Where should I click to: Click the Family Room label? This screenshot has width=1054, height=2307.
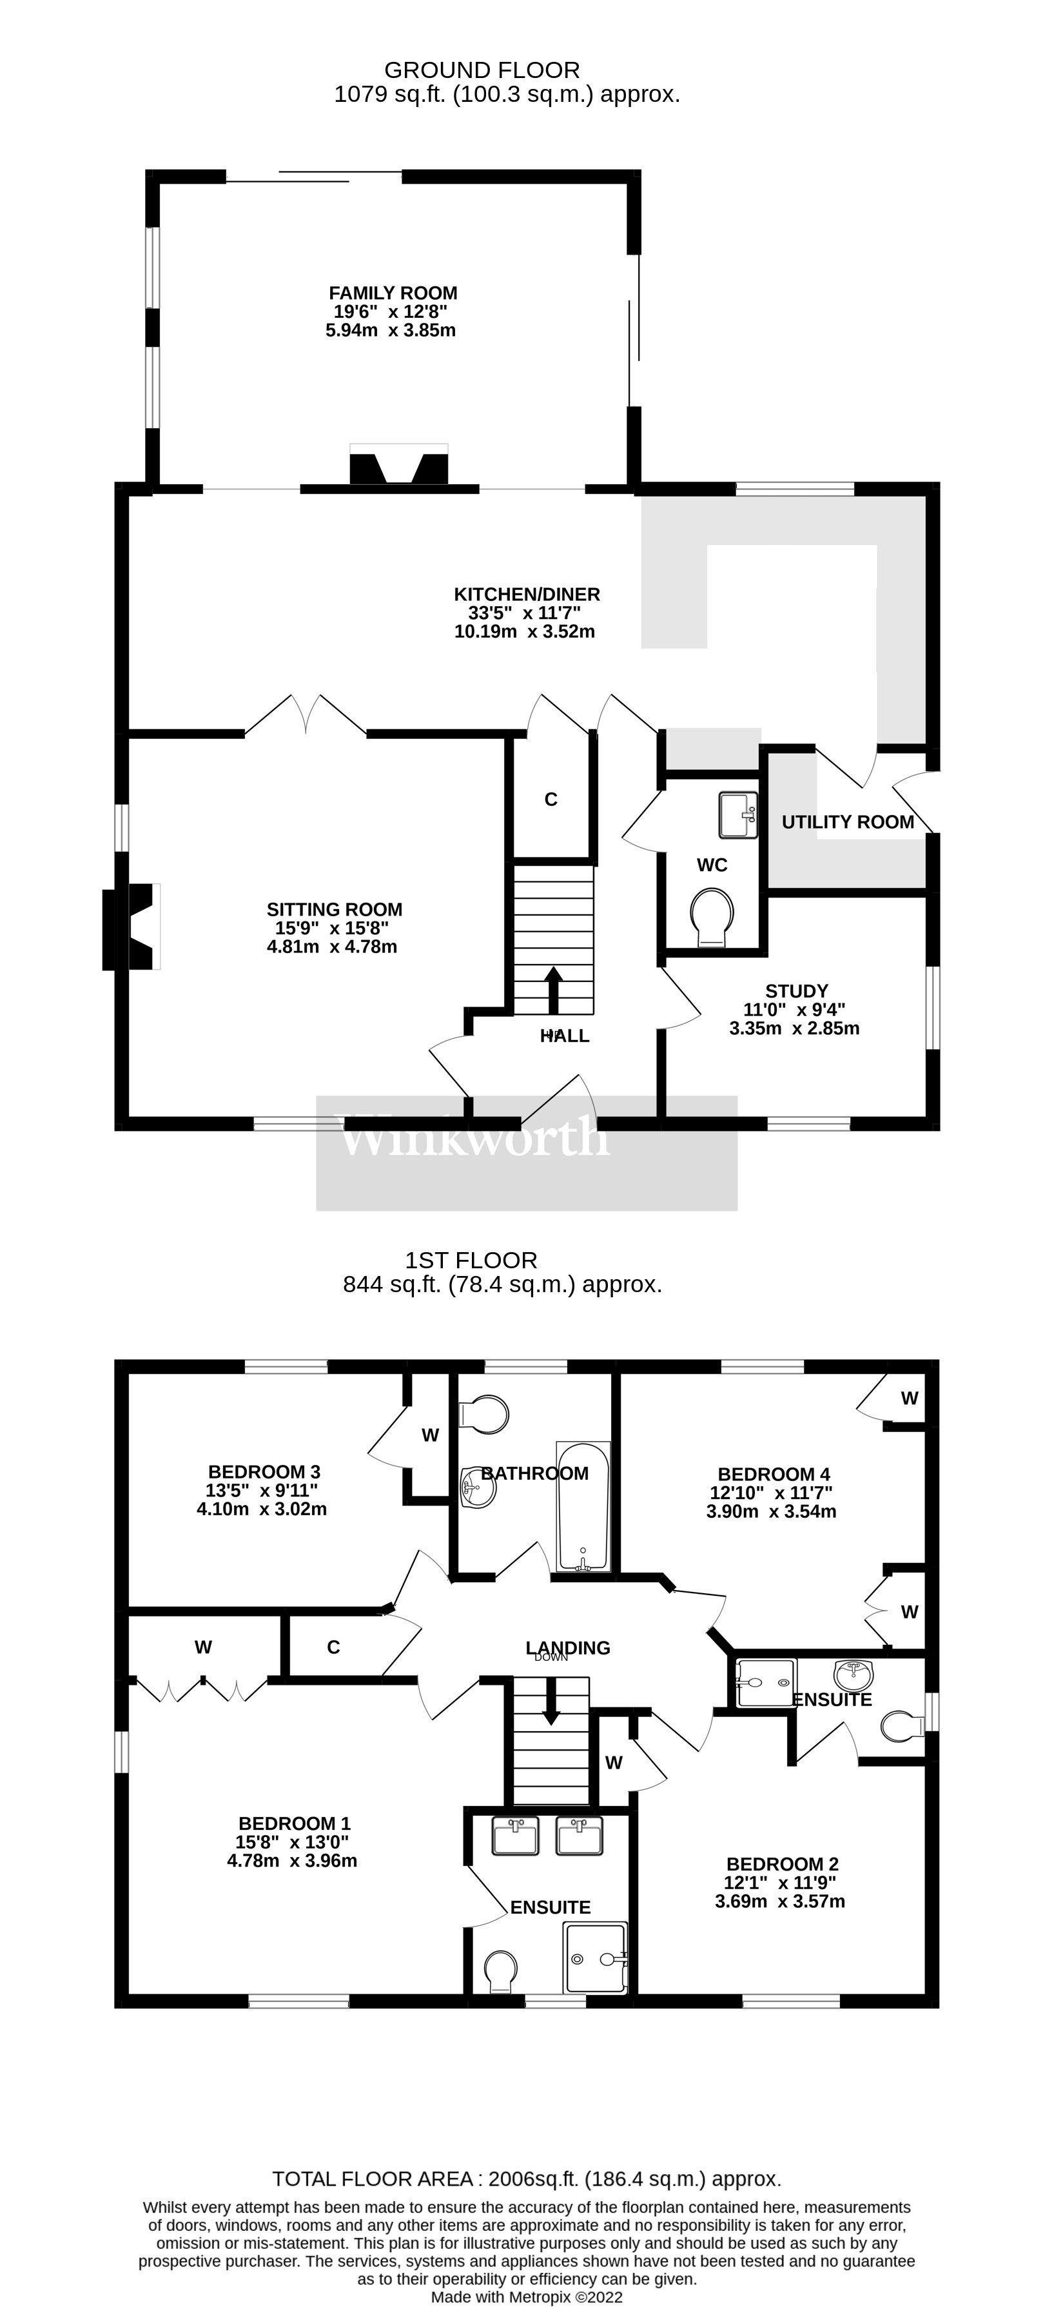click(x=393, y=293)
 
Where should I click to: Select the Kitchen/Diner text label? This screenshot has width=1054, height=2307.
click(x=527, y=594)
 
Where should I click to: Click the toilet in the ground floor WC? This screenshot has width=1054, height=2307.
click(x=713, y=916)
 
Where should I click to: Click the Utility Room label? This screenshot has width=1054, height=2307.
click(x=847, y=821)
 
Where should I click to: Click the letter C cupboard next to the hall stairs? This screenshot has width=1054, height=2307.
click(x=551, y=799)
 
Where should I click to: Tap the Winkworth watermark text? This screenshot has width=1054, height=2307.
click(x=474, y=1137)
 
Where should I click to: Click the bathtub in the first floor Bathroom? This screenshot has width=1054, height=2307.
click(x=583, y=1506)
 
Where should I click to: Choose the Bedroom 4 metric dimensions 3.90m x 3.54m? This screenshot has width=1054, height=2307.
click(x=771, y=1512)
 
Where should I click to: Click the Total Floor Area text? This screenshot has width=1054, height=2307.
click(x=527, y=2179)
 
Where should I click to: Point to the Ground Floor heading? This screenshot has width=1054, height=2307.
click(x=482, y=70)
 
